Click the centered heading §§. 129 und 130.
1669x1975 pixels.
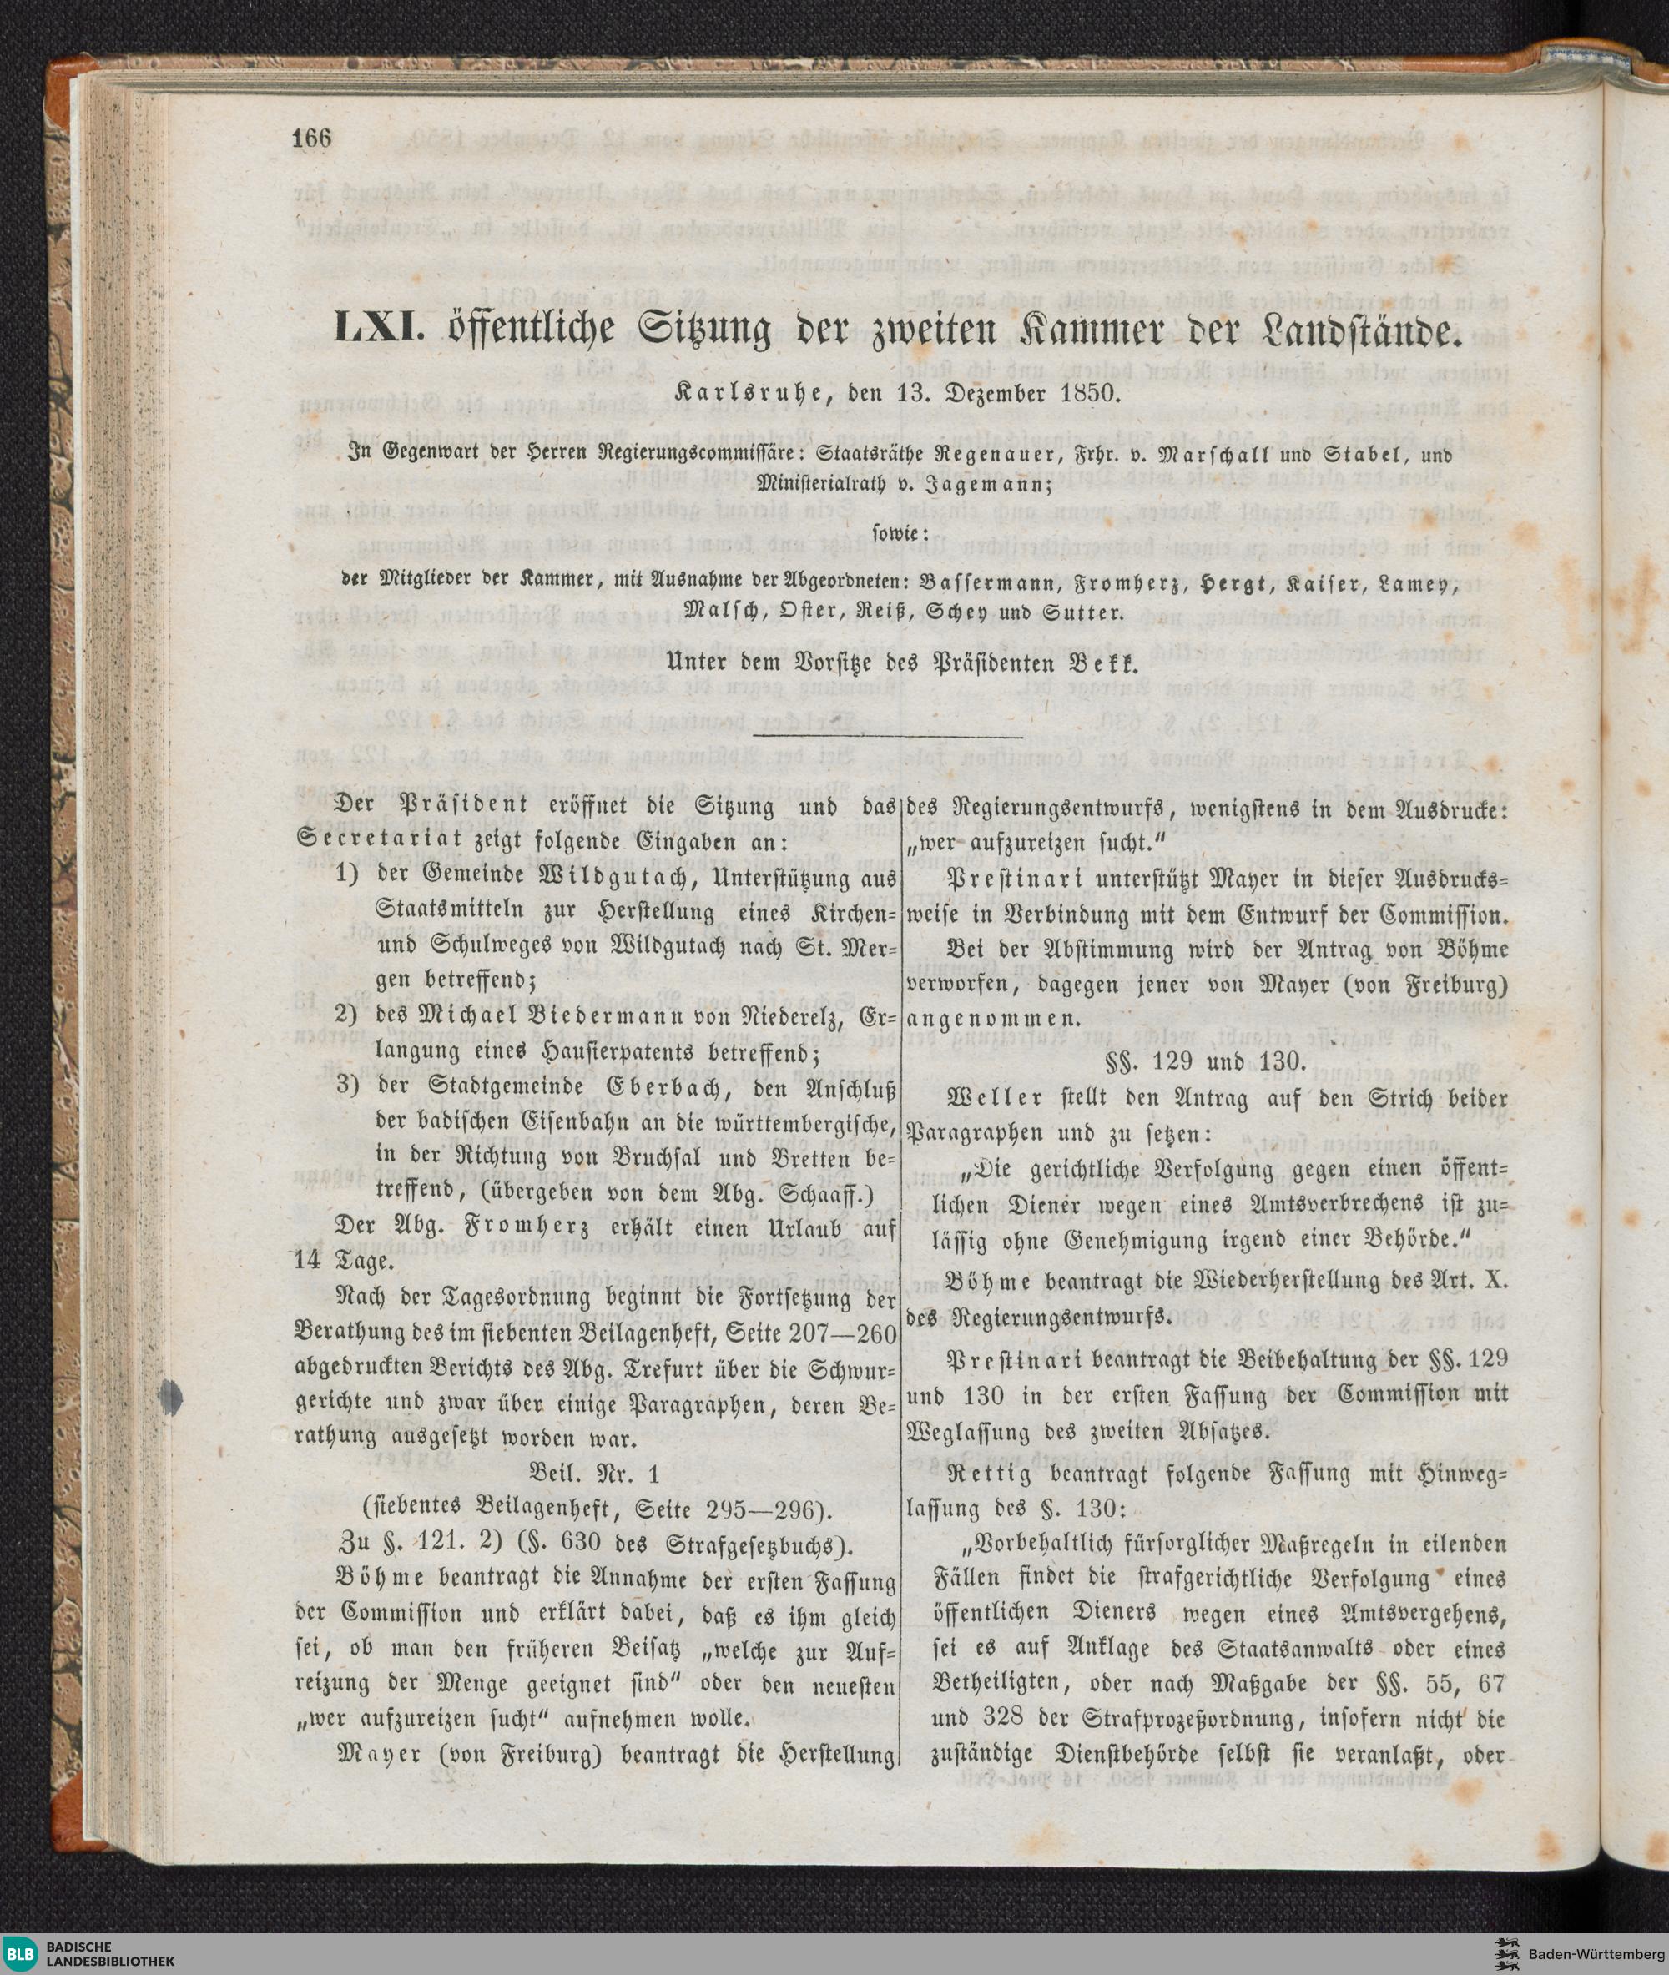tap(1207, 1061)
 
